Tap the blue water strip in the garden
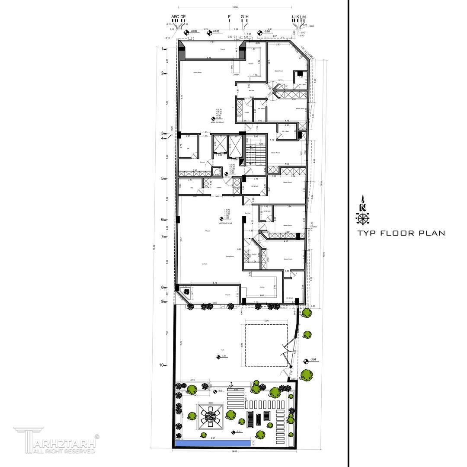(x=212, y=443)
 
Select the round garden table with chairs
(x=210, y=417)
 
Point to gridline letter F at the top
(x=230, y=17)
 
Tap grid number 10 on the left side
(x=161, y=365)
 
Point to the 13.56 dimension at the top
(x=235, y=7)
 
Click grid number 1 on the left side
(x=163, y=49)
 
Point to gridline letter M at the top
(x=304, y=17)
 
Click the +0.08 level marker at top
(x=193, y=32)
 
